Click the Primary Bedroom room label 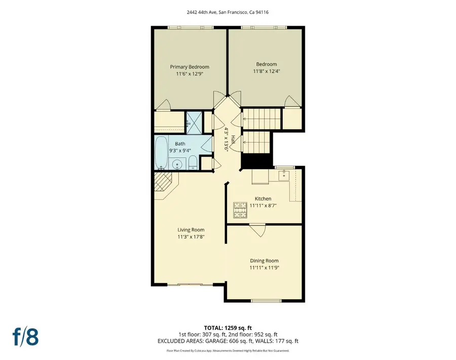(x=189, y=67)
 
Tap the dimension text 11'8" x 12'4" (x=266, y=71)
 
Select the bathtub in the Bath (x=161, y=152)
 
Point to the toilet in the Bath (x=193, y=163)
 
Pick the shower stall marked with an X (x=193, y=120)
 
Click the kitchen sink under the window (x=284, y=175)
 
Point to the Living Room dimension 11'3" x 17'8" (x=191, y=237)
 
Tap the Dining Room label (x=264, y=261)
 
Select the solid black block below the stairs (x=250, y=161)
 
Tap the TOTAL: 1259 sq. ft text (x=227, y=328)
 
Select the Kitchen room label (x=263, y=199)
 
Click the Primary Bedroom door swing (x=163, y=105)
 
